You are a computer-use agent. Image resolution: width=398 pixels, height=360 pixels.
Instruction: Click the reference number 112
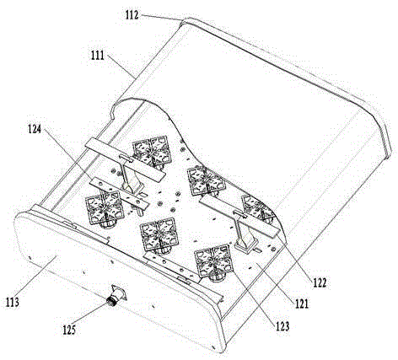[x=132, y=14]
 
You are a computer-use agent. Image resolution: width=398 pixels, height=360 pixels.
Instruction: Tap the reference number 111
[x=98, y=55]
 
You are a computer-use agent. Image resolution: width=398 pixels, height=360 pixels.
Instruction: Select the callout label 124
[x=35, y=129]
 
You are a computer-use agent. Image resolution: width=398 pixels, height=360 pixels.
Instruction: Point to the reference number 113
[x=13, y=302]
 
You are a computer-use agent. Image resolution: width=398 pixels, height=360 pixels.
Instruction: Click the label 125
[x=69, y=330]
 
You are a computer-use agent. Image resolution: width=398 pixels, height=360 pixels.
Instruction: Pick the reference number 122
[x=320, y=282]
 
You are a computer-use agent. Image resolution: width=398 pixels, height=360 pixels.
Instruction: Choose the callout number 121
[x=302, y=304]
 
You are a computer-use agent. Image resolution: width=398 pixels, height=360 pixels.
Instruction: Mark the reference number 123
[x=282, y=326]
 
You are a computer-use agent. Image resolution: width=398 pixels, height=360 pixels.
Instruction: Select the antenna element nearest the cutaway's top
[x=152, y=152]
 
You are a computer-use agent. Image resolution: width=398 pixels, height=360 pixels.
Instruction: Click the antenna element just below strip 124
[x=105, y=209]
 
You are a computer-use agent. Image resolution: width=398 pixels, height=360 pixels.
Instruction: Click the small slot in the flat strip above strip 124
[x=126, y=158]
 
